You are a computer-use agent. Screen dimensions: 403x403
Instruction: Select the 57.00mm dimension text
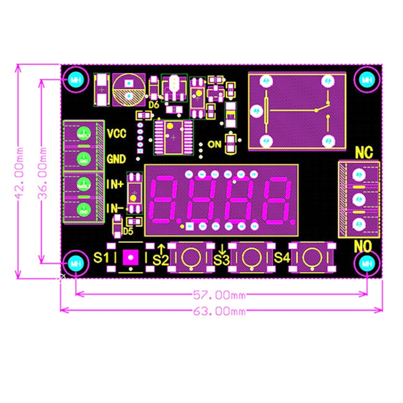click(219, 294)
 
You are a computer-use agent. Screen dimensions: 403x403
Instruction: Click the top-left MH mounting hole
click(75, 80)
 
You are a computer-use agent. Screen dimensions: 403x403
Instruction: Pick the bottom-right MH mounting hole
click(367, 263)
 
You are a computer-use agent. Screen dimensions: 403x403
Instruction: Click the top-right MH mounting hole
click(367, 80)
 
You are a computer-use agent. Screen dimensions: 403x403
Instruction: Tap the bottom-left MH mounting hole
click(75, 263)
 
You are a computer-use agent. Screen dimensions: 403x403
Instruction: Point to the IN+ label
click(115, 184)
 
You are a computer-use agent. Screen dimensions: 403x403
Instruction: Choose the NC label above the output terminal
click(364, 153)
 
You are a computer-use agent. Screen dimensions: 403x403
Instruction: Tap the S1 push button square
click(131, 258)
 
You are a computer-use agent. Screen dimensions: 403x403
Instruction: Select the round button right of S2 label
click(189, 258)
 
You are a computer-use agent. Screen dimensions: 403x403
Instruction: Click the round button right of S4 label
click(311, 258)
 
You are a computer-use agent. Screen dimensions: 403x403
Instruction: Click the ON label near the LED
click(214, 144)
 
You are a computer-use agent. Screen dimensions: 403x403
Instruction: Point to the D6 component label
click(154, 105)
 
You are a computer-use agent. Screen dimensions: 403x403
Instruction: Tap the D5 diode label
click(127, 231)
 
